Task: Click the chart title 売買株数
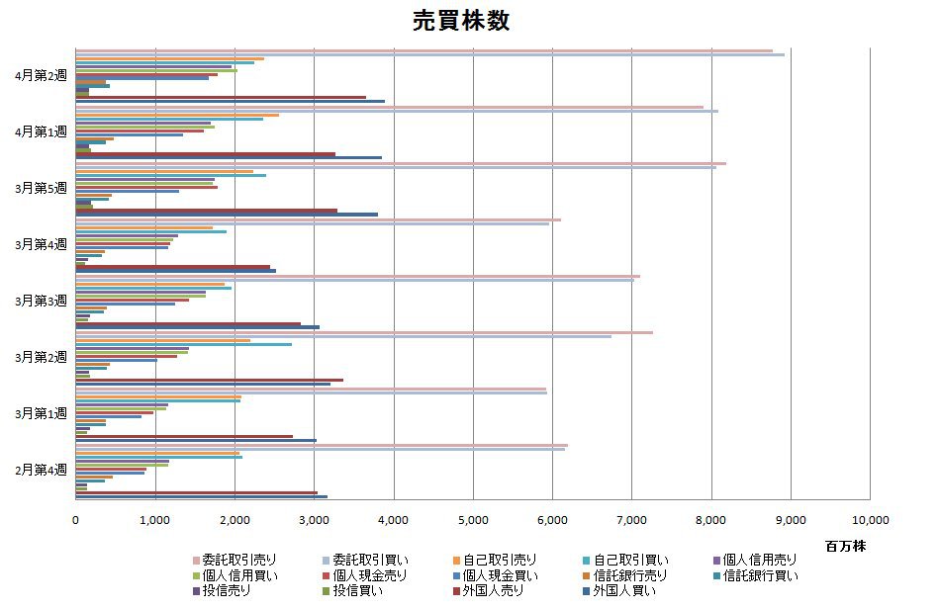(461, 22)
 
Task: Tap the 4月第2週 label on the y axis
(42, 75)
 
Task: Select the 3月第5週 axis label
(42, 188)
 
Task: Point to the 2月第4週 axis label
(42, 470)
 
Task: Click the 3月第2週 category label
(42, 357)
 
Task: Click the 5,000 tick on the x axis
(472, 519)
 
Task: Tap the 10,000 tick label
(869, 519)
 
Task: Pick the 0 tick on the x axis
(76, 519)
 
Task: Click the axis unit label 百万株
(845, 546)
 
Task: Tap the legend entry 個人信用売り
(759, 560)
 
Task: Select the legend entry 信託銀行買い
(759, 575)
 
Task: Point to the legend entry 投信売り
(226, 591)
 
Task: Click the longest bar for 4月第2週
(495, 54)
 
